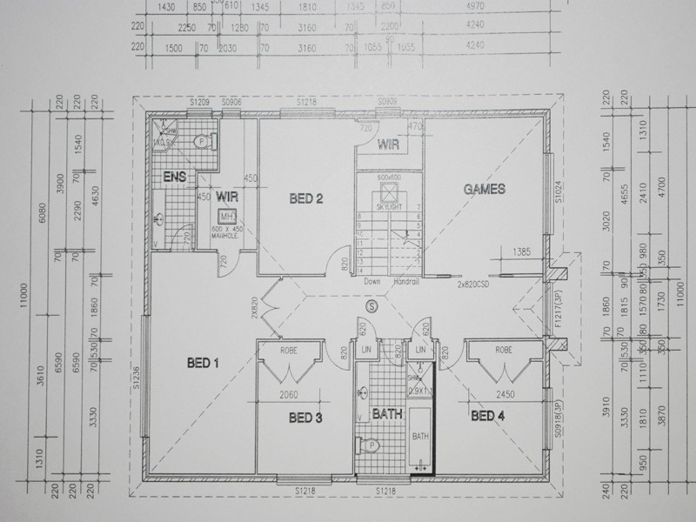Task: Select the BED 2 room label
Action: pyautogui.click(x=305, y=199)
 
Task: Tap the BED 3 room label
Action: pyautogui.click(x=305, y=418)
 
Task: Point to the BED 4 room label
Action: pyautogui.click(x=488, y=416)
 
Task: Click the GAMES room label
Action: pyautogui.click(x=485, y=188)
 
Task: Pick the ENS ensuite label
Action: pyautogui.click(x=175, y=177)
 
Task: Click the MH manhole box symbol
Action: pyautogui.click(x=227, y=216)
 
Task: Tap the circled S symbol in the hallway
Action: pyautogui.click(x=372, y=306)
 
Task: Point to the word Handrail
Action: pyautogui.click(x=406, y=282)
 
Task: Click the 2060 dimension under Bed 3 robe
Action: pyautogui.click(x=288, y=394)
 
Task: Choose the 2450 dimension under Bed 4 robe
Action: pyautogui.click(x=505, y=394)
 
